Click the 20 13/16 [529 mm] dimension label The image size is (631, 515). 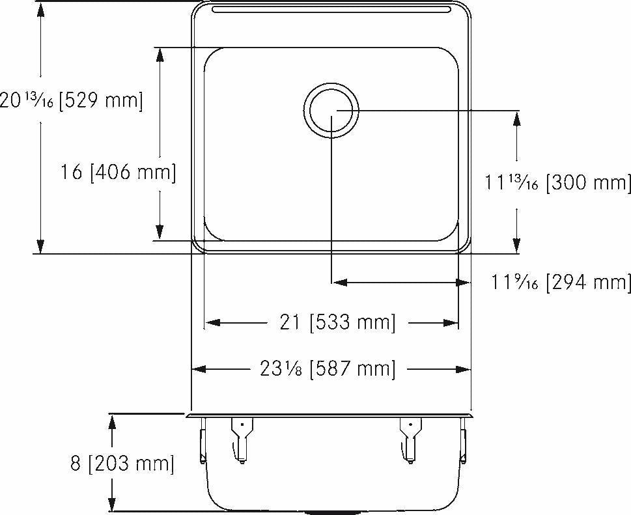70,101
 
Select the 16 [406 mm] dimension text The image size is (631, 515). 118,173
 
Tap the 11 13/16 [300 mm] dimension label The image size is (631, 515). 557,183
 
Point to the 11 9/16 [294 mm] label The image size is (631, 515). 561,282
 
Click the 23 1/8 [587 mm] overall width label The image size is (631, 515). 328,369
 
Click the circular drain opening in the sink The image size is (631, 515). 331,111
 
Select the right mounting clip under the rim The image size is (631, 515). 410,439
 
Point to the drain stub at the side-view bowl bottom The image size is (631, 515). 331,512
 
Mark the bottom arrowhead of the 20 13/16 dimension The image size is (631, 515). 40,245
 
